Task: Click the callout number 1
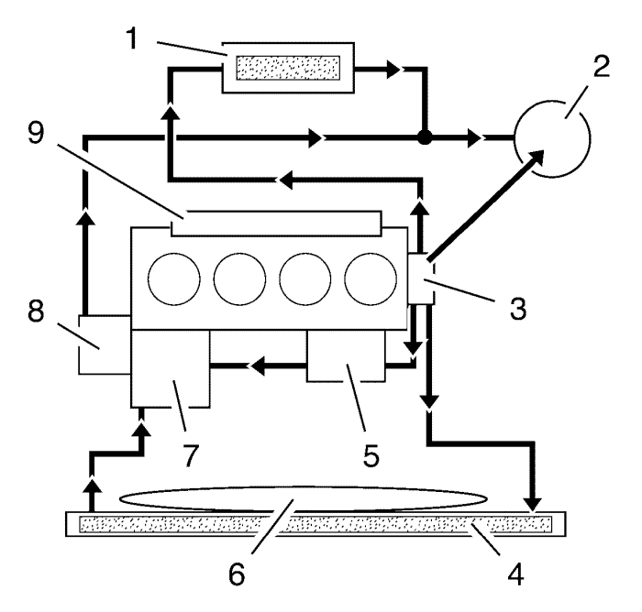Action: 132,38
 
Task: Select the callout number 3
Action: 518,308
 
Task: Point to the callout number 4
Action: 515,574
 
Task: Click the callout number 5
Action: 371,455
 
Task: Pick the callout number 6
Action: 237,574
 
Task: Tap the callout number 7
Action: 190,455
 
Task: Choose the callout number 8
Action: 36,311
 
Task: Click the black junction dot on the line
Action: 425,137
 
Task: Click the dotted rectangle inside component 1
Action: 288,68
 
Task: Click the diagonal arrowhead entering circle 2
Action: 536,158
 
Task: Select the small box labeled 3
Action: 421,279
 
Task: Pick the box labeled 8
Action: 105,344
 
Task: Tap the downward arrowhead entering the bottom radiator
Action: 533,505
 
